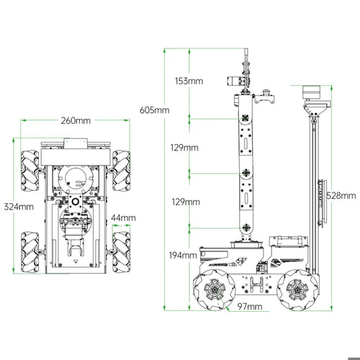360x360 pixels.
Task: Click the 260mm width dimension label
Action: tap(76, 120)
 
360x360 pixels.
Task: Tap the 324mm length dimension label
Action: tap(19, 207)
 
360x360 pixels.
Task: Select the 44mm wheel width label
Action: tap(123, 218)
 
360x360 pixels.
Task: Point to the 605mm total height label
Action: tap(155, 110)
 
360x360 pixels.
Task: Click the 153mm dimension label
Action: tap(189, 81)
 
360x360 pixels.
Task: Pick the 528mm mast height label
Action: tap(341, 196)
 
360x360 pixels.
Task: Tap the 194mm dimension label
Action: tap(183, 256)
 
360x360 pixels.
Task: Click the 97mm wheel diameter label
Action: tap(250, 307)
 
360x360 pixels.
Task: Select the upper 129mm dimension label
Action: tap(184, 148)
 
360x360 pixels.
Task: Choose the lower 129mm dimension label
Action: tap(186, 202)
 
